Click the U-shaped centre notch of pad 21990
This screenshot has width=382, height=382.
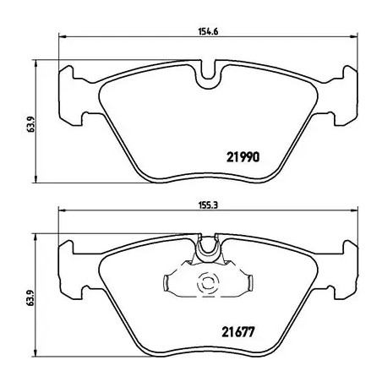click(x=206, y=79)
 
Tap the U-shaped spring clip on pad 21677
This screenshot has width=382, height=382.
click(x=206, y=251)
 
